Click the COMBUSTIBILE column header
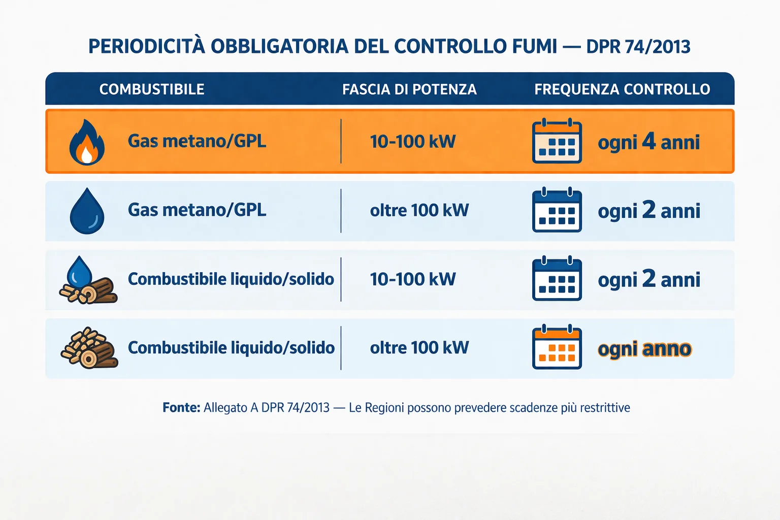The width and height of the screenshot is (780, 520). [152, 89]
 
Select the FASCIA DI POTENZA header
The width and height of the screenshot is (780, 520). [409, 90]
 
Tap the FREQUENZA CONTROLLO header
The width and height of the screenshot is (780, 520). [622, 89]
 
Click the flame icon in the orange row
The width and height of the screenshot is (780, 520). [87, 142]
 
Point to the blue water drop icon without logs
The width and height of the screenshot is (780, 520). [87, 211]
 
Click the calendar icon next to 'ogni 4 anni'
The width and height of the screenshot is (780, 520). [557, 142]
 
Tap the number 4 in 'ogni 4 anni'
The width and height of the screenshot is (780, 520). [649, 141]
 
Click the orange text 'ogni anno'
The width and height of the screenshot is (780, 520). [644, 349]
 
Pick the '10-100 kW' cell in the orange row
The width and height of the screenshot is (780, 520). [413, 142]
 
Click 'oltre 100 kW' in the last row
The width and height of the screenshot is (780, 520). [419, 348]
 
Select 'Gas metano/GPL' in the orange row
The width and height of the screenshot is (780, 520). [197, 141]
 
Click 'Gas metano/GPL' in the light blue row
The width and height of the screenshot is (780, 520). [197, 210]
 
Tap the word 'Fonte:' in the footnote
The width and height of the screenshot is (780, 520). [181, 408]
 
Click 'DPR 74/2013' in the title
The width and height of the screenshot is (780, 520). [638, 47]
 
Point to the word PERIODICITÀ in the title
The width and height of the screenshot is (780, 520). [147, 46]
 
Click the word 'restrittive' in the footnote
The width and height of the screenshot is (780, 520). [605, 408]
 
